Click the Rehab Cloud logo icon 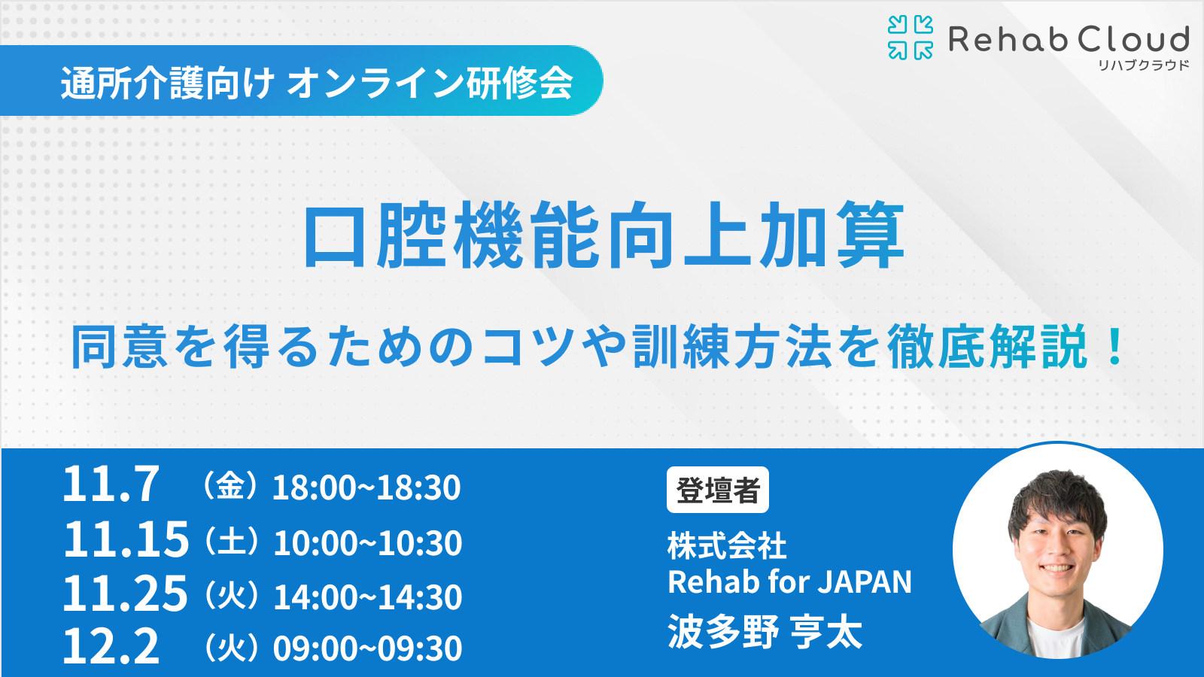click(910, 37)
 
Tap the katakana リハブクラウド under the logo click(1143, 65)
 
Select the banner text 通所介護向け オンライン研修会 click(317, 83)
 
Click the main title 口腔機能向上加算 click(605, 235)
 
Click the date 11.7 click(111, 484)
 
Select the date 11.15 click(126, 539)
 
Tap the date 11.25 click(125, 594)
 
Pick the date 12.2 click(111, 645)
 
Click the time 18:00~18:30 click(366, 487)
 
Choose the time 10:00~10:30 click(368, 542)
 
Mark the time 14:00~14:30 click(368, 597)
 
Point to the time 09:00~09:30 click(368, 648)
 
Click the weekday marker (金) click(230, 486)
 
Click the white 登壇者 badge click(718, 490)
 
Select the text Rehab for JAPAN click(789, 582)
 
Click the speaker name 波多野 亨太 click(765, 632)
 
